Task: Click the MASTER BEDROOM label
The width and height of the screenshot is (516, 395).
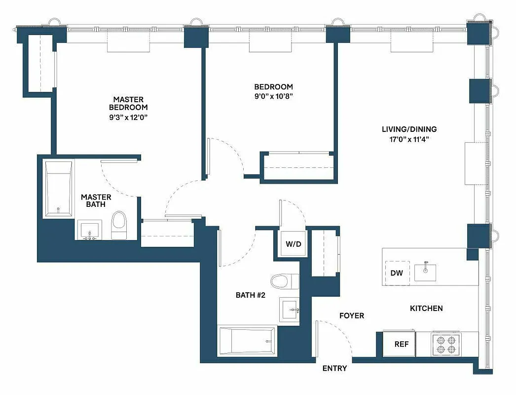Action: tap(128, 103)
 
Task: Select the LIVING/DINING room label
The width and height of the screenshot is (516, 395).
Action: tap(409, 129)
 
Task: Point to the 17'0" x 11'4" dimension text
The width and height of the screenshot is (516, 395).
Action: tap(409, 139)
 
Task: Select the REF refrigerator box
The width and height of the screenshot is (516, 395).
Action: tap(401, 344)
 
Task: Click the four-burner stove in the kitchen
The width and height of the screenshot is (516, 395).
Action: tap(445, 344)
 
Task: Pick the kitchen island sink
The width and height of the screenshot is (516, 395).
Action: tap(425, 272)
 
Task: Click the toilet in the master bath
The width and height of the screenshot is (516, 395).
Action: tap(118, 226)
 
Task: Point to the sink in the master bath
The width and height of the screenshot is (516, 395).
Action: tap(89, 231)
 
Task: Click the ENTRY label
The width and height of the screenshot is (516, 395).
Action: tap(334, 368)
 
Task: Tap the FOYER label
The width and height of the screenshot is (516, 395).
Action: tap(351, 316)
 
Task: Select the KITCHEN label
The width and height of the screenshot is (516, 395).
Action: tap(426, 308)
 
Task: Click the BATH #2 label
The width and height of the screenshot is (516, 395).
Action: tap(251, 295)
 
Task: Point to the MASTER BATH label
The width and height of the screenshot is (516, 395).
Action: tap(96, 200)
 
